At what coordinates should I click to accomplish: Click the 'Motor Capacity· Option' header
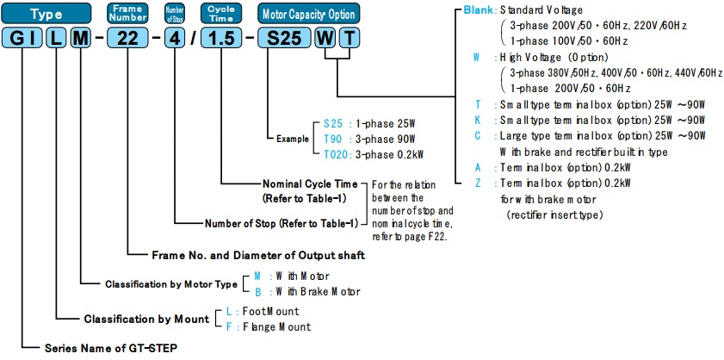(x=306, y=13)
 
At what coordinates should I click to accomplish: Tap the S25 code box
(x=283, y=40)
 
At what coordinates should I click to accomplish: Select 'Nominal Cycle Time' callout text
(x=312, y=183)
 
